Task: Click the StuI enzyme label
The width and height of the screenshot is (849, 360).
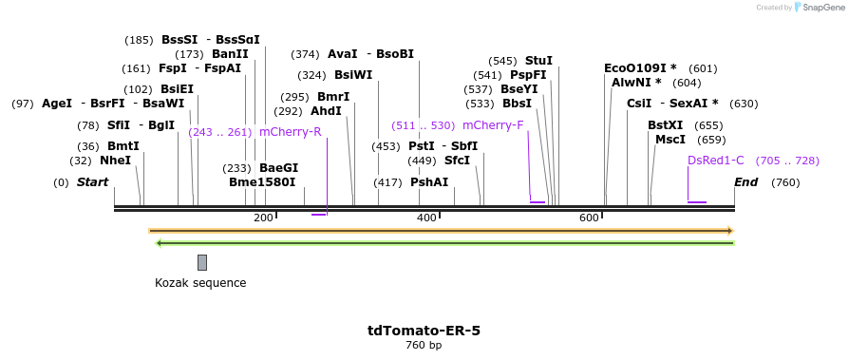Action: (538, 61)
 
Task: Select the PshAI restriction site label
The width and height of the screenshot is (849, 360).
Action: (429, 182)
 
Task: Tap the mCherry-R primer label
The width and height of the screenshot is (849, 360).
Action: (290, 132)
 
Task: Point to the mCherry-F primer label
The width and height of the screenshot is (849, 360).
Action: (493, 125)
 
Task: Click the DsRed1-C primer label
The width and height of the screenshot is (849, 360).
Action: (716, 161)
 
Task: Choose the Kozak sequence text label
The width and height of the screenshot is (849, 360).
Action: (200, 283)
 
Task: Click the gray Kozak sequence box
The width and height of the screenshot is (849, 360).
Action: (202, 262)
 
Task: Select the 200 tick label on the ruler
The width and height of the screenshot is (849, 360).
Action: (263, 218)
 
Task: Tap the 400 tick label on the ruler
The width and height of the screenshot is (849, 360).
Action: (426, 218)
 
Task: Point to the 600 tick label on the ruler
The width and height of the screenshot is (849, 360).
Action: (589, 218)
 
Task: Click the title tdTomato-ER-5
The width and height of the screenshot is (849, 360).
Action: (424, 331)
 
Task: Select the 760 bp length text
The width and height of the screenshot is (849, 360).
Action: (424, 345)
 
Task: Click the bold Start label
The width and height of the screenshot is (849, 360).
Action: (92, 182)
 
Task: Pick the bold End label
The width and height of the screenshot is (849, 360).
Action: (745, 182)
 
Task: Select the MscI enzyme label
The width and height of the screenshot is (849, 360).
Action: (670, 140)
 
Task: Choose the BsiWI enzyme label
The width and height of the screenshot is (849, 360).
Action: (353, 75)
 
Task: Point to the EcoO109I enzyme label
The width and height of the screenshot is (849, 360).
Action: (640, 68)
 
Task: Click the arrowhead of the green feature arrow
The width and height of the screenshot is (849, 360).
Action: (160, 243)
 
